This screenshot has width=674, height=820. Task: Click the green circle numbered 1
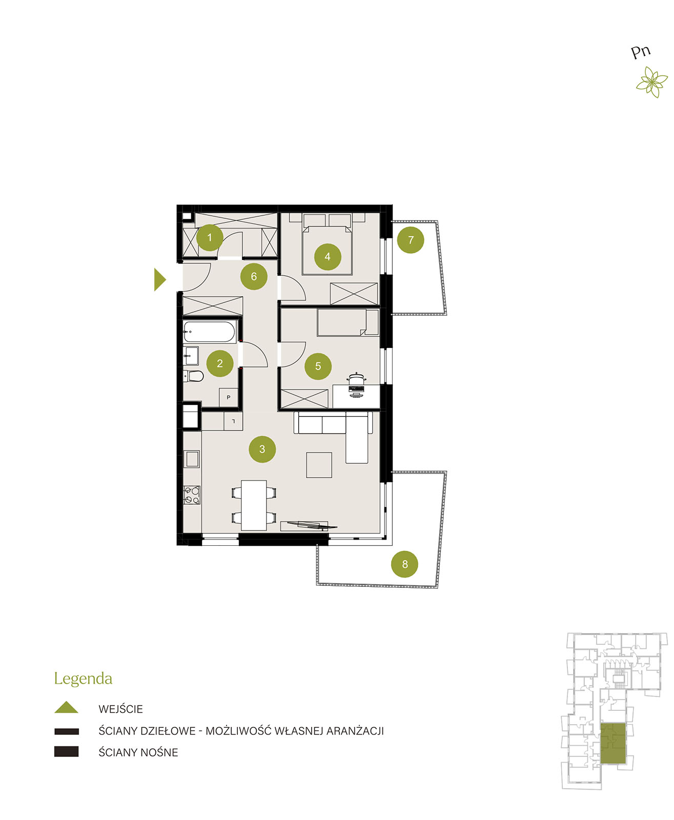pyautogui.click(x=210, y=238)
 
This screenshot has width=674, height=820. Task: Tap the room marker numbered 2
pyautogui.click(x=220, y=363)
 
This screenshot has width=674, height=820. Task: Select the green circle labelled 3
pyautogui.click(x=262, y=449)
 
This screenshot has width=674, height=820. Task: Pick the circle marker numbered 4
pyautogui.click(x=328, y=257)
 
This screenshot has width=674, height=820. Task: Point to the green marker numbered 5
pyautogui.click(x=318, y=366)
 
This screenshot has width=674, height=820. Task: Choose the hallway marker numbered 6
pyautogui.click(x=254, y=276)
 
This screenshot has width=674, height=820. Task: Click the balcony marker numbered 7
pyautogui.click(x=411, y=240)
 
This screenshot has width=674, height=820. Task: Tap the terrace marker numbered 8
pyautogui.click(x=404, y=564)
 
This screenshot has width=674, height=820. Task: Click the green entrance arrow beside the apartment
pyautogui.click(x=159, y=279)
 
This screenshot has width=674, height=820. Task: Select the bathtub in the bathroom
pyautogui.click(x=209, y=332)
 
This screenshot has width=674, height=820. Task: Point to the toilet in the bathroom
pyautogui.click(x=193, y=376)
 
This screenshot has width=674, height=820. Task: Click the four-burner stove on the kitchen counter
pyautogui.click(x=192, y=495)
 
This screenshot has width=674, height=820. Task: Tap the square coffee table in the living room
pyautogui.click(x=319, y=465)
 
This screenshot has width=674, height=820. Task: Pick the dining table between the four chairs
pyautogui.click(x=254, y=505)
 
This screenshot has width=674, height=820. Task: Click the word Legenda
pyautogui.click(x=83, y=679)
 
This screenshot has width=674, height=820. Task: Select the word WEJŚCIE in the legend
pyautogui.click(x=120, y=709)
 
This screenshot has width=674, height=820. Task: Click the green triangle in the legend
pyautogui.click(x=67, y=707)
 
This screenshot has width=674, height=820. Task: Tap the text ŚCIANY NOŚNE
pyautogui.click(x=138, y=752)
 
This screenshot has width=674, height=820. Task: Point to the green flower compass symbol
pyautogui.click(x=652, y=82)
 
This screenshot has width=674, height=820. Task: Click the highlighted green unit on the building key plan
pyautogui.click(x=613, y=744)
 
